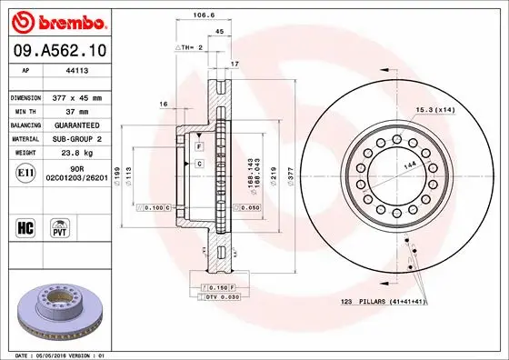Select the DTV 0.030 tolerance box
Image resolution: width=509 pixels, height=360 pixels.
point(222,297)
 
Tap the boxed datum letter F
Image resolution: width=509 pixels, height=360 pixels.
point(199,146)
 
